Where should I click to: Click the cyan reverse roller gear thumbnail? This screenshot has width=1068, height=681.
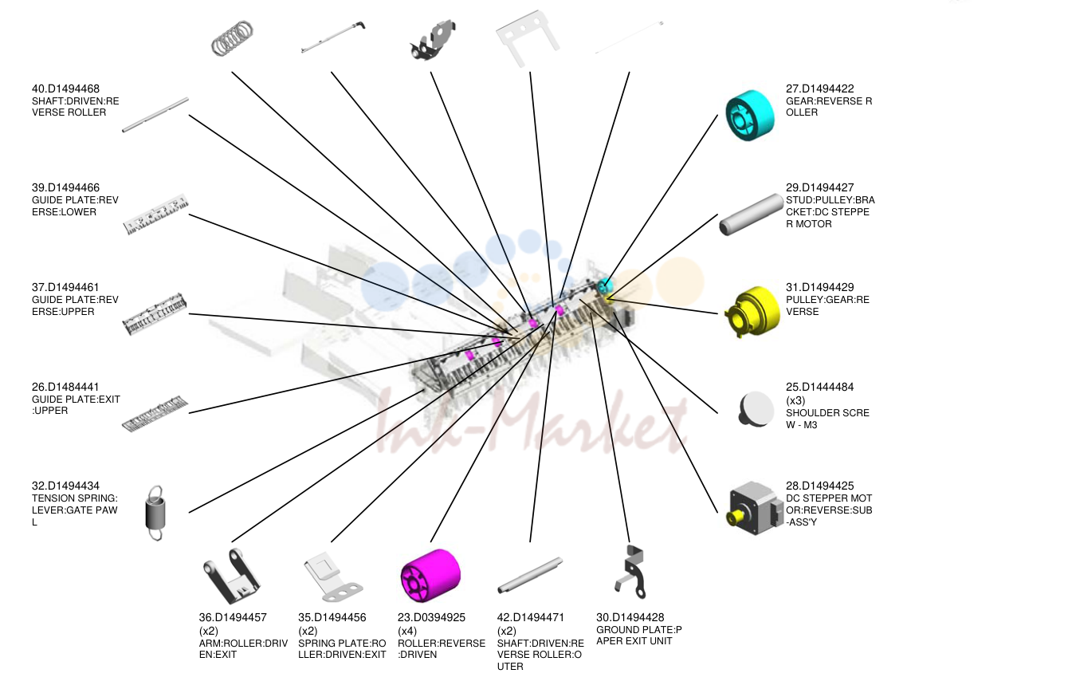pyautogui.click(x=749, y=116)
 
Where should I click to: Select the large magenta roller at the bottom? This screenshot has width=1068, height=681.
pyautogui.click(x=430, y=576)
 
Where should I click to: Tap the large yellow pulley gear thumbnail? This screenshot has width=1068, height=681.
pyautogui.click(x=752, y=312)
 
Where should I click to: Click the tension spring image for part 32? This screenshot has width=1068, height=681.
pyautogui.click(x=155, y=513)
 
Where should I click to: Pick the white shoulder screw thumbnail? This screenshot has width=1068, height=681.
pyautogui.click(x=756, y=410)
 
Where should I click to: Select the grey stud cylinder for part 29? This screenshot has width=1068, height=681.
pyautogui.click(x=751, y=215)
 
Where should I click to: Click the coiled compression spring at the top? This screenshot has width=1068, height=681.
pyautogui.click(x=232, y=38)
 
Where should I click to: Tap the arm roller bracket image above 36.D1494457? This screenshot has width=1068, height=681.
pyautogui.click(x=231, y=576)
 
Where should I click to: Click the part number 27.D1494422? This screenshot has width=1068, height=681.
pyautogui.click(x=819, y=89)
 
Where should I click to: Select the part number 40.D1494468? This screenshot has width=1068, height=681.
pyautogui.click(x=66, y=89)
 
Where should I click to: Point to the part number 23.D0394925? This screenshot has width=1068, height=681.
pyautogui.click(x=431, y=617)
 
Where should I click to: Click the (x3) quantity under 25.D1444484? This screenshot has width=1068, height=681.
pyautogui.click(x=795, y=400)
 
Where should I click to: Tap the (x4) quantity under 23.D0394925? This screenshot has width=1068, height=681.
pyautogui.click(x=407, y=631)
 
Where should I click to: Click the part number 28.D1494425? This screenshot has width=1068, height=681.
pyautogui.click(x=819, y=486)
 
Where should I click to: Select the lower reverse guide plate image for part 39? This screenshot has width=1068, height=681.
pyautogui.click(x=155, y=215)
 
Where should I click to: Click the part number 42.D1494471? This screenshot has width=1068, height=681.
pyautogui.click(x=530, y=617)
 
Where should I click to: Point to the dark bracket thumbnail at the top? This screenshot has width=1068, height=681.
pyautogui.click(x=433, y=40)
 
